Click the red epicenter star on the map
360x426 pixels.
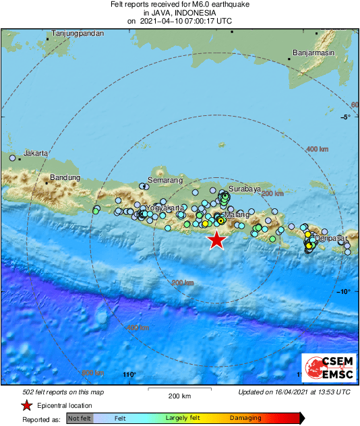tap(216, 239)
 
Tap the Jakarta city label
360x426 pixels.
tap(35, 153)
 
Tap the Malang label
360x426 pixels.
tap(237, 214)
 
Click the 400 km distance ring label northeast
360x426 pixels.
tap(317, 149)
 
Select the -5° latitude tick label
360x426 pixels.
tap(346, 117)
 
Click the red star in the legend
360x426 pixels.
tap(26, 406)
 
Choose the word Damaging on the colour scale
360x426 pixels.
tap(245, 419)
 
